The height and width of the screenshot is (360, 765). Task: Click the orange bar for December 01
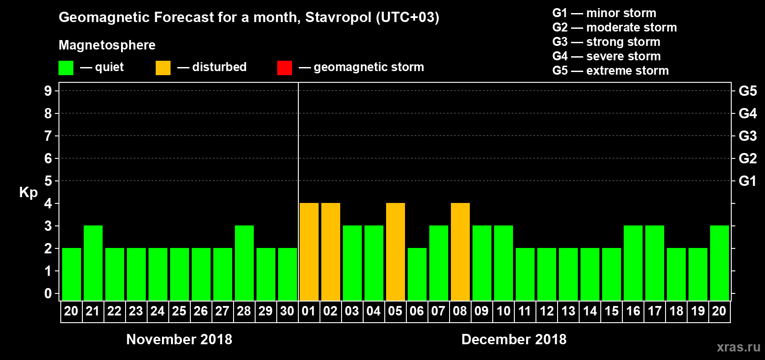pos(309,252)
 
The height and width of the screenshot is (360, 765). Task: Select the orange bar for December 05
pos(396,252)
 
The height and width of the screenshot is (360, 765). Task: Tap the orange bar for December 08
pos(460,252)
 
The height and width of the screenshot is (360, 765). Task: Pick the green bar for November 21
pos(93,263)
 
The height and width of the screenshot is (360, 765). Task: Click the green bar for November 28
pos(244,263)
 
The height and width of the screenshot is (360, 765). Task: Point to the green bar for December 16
pos(633,263)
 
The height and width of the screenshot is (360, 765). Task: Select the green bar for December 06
pos(417,274)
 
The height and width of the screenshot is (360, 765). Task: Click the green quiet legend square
pos(66,68)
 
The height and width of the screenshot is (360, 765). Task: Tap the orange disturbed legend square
pos(163,68)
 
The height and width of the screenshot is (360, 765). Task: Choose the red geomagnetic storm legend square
pos(284,68)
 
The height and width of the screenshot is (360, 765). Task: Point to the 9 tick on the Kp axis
pos(48,91)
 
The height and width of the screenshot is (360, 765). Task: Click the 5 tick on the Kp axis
pos(48,181)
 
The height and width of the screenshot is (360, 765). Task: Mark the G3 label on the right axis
pos(747,136)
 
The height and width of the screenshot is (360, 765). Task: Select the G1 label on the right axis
pos(747,181)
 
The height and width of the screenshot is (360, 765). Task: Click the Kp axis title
pos(28,193)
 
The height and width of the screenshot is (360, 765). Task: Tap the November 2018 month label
pos(179,339)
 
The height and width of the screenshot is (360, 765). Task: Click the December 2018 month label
pos(514,339)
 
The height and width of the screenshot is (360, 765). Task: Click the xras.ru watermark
pos(738,347)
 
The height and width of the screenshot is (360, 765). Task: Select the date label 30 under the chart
pos(287,311)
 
